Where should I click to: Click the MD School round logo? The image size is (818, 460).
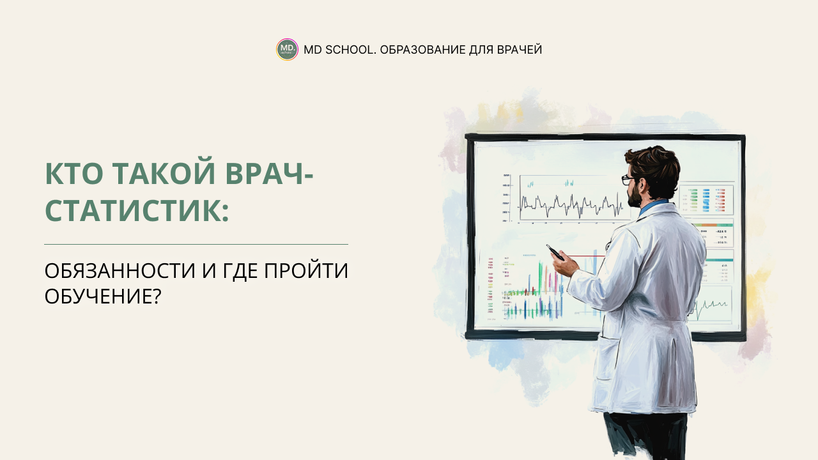287,49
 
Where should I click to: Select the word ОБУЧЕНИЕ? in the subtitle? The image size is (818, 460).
102,296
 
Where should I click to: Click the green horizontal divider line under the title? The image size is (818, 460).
196,244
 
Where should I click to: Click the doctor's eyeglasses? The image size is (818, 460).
628,180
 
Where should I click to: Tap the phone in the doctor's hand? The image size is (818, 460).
555,252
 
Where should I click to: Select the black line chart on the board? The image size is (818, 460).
571,204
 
